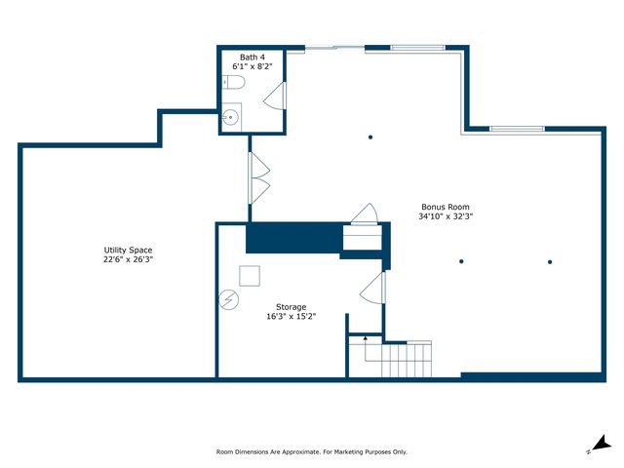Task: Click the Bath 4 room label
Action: pos(253,58)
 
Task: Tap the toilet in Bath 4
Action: pos(233,82)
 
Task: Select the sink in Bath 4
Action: pos(231,117)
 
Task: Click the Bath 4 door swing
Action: pos(275,96)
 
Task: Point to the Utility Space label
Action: pos(128,250)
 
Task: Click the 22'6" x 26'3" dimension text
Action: pos(128,259)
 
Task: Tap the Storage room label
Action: pos(292,307)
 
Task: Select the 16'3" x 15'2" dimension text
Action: pos(292,316)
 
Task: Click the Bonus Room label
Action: pos(446,207)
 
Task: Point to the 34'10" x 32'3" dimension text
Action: pos(446,216)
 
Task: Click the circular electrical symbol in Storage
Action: pos(229,299)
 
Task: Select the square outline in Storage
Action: pos(250,276)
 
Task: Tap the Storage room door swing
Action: pos(372,288)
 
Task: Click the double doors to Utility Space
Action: pos(259,177)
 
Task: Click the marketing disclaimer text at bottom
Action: pos(312,452)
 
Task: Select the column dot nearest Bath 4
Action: pos(370,137)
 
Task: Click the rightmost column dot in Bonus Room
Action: pos(550,262)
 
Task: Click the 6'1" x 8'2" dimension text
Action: pos(253,66)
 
